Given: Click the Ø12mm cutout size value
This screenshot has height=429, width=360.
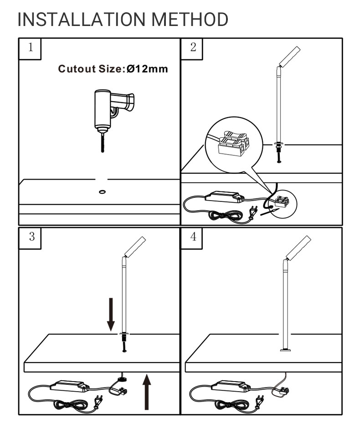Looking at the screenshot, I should click(147, 69).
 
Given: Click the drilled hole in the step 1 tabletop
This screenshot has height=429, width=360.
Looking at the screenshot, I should click(102, 191).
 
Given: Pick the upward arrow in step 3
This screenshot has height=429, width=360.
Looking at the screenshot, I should click(147, 391).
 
